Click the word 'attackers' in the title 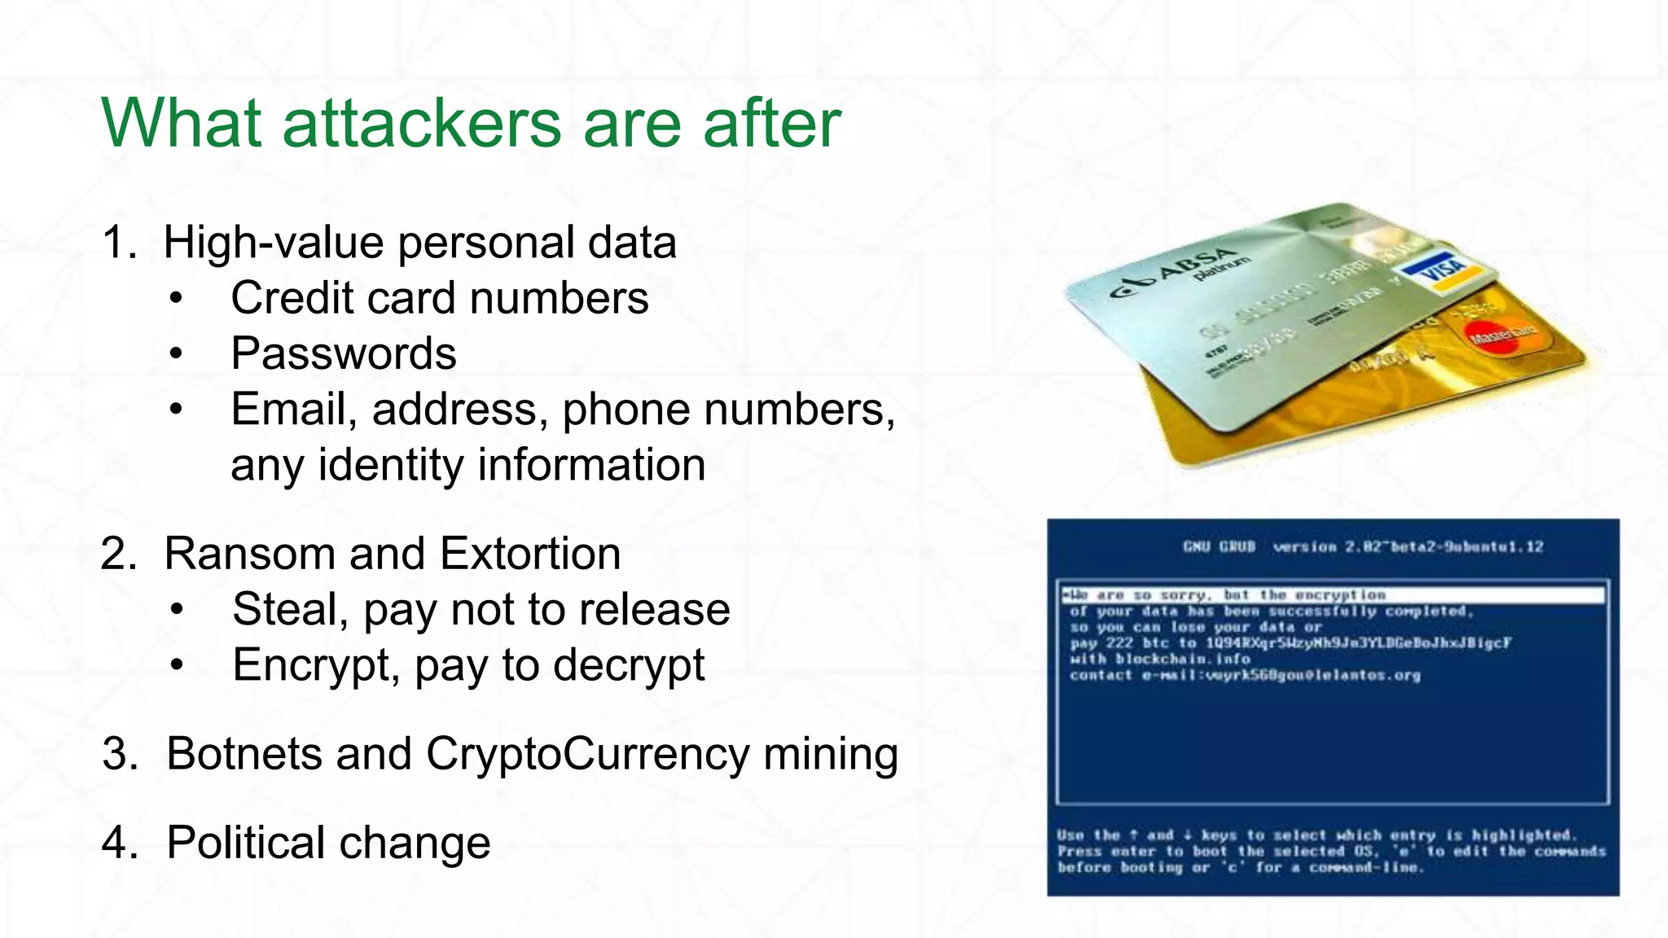coord(422,124)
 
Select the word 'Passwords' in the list coord(343,353)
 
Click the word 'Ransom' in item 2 coord(250,554)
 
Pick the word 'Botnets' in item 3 coord(244,753)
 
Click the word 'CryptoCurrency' coord(586,755)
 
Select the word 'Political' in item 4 coord(247,842)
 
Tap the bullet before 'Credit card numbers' coord(177,299)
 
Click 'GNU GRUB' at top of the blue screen coord(1219,546)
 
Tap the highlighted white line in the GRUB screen coord(1332,595)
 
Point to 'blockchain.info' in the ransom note coord(1183,659)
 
